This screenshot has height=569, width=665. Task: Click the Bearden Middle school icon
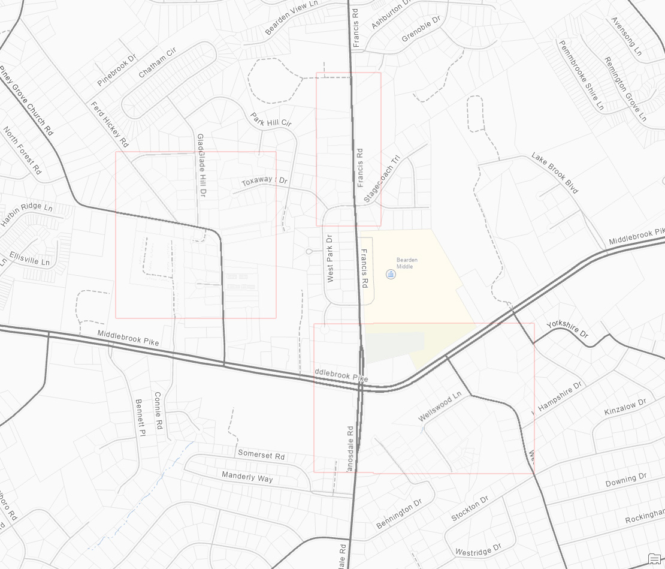click(391, 275)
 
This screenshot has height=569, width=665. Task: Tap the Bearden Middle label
click(407, 263)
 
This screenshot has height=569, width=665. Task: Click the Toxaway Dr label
click(264, 181)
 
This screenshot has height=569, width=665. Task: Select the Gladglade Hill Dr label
click(201, 165)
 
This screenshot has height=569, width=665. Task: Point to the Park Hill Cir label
click(271, 119)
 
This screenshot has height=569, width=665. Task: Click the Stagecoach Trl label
click(382, 179)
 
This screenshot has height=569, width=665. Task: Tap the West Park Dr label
click(330, 258)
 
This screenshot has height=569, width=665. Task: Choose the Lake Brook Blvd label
click(555, 173)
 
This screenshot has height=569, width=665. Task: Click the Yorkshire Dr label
click(567, 332)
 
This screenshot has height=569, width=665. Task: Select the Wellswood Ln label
click(440, 407)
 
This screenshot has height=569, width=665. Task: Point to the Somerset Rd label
click(261, 454)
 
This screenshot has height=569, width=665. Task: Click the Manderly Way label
click(247, 477)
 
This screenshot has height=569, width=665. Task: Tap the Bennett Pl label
click(140, 417)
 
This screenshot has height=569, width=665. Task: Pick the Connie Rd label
click(159, 411)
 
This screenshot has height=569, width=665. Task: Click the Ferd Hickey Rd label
click(110, 124)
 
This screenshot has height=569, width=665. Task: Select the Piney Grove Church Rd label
click(27, 100)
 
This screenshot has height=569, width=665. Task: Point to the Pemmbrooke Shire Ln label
click(581, 75)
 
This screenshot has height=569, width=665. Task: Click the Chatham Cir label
click(157, 63)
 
